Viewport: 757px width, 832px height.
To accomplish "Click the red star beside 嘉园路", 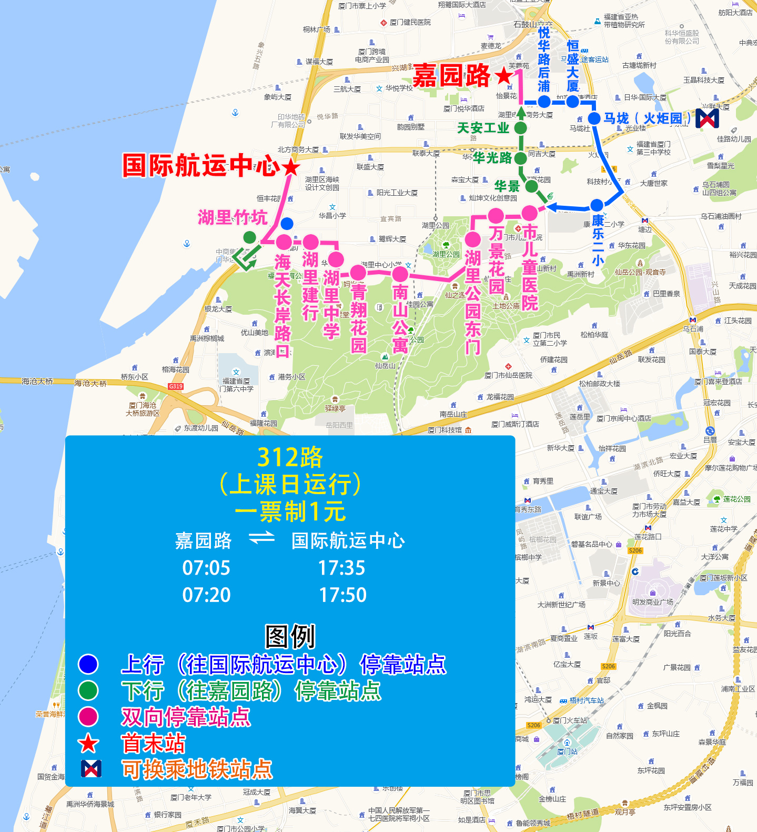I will tap(504, 76).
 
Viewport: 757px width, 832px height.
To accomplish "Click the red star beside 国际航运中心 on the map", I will tap(290, 167).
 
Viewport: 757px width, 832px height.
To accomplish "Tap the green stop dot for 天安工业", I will tap(520, 128).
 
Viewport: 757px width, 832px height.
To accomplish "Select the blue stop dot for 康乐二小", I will tap(597, 205).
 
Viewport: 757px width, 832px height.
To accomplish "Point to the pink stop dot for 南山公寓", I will tap(400, 274).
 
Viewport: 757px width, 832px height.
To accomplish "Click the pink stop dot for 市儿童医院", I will tap(529, 213).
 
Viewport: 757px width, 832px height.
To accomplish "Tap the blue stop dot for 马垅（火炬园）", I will tap(594, 118).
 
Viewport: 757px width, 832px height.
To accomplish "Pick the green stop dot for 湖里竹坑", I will tap(250, 237).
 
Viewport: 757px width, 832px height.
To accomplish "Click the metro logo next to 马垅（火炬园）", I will tap(707, 118).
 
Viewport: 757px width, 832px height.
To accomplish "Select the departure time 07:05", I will tap(206, 568).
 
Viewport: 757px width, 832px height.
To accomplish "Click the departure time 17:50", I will tap(342, 595).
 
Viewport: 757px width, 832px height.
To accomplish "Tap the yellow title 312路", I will tap(290, 457).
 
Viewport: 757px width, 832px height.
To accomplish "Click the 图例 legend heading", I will tap(290, 636).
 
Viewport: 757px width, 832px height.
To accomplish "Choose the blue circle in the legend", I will tap(88, 664).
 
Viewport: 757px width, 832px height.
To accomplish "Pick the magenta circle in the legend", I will tap(88, 717).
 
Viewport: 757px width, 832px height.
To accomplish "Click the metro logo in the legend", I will tap(90, 769).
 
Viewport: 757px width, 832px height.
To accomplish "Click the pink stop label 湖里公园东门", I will tap(472, 302).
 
